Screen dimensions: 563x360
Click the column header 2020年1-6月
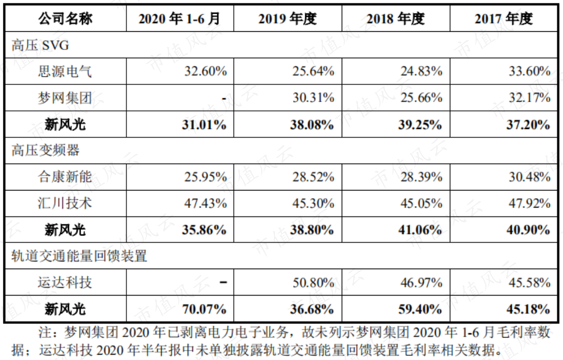tap(179, 19)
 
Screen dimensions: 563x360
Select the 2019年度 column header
tap(288, 19)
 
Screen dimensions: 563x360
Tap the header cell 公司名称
tap(65, 19)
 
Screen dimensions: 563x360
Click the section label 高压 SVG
tap(40, 45)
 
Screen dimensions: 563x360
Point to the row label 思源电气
tap(65, 71)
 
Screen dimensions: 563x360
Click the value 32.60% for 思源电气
tap(206, 71)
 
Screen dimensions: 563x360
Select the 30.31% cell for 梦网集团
tap(313, 97)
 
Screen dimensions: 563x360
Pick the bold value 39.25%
tap(420, 125)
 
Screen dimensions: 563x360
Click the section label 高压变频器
tap(45, 150)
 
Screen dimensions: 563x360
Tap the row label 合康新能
tap(65, 177)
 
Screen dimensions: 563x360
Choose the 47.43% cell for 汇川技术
tap(206, 203)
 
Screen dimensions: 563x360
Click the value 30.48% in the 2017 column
tap(529, 177)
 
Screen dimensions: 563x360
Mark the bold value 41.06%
tap(420, 230)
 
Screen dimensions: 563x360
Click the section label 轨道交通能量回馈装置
tap(79, 256)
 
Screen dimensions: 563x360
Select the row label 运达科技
tap(65, 282)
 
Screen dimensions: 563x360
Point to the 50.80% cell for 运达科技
tap(313, 283)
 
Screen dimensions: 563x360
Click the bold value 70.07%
tap(204, 309)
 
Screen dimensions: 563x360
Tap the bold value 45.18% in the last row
tap(528, 309)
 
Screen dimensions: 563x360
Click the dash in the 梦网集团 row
tap(224, 98)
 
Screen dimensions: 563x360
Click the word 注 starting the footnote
tap(45, 332)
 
